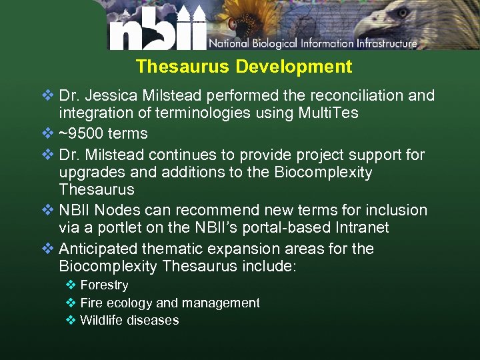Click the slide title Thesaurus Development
pos(243,67)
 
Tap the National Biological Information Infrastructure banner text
pos(313,44)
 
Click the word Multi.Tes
pos(326,113)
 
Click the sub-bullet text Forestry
pos(104,285)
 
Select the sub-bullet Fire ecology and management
pos(169,303)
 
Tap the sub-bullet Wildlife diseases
pos(129,320)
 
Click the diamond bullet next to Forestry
pos(71,285)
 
